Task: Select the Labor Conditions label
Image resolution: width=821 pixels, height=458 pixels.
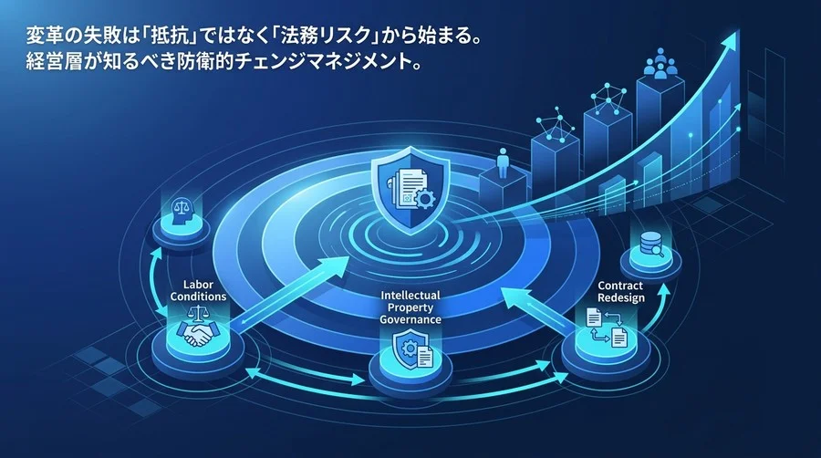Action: coord(198,290)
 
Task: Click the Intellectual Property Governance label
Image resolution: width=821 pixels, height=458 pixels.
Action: coord(410,307)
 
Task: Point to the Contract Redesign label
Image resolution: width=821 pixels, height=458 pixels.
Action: coord(621,292)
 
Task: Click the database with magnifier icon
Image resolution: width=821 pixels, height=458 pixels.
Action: coord(651,245)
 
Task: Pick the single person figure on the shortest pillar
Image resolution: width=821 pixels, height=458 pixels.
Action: coord(503,162)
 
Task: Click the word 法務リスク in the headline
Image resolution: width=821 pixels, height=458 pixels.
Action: coord(322,37)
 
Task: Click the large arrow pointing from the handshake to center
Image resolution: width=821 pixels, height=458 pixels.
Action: coord(289,293)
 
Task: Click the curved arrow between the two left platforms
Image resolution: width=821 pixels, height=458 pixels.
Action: coord(154,281)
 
